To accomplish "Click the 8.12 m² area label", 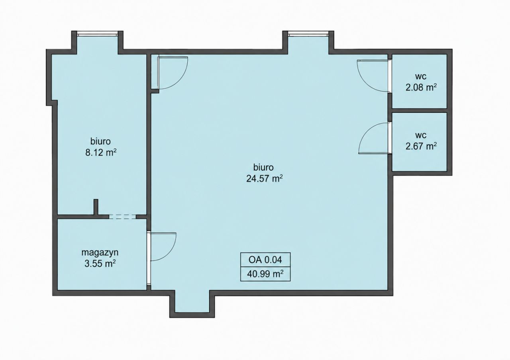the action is pos(101,153).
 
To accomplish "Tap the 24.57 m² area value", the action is pos(264,178).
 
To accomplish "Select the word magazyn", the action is pos(100,252).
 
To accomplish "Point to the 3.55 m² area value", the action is pos(100,264).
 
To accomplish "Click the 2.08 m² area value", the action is pos(421,87).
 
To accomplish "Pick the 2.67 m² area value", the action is pos(421,146).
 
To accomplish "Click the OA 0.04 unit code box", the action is pos(265,259).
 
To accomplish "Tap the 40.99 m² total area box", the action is pos(265,274).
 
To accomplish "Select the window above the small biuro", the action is pos(98,34).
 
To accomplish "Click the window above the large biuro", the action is pos(308,34).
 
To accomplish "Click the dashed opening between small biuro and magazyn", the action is pos(122,217).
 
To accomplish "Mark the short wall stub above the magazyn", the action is pos(96,207).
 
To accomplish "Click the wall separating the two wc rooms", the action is pos(419,111).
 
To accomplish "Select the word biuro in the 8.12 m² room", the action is pos(100,141).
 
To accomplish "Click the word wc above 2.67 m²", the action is pos(421,136).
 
